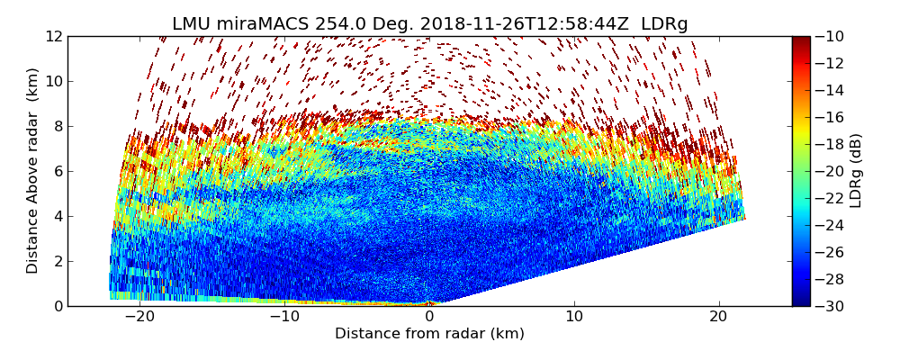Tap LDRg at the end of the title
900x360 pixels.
[664, 24]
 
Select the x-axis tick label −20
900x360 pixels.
[139, 317]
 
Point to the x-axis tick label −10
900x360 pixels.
[284, 317]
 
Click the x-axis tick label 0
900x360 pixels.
[429, 317]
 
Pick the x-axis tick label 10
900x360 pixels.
[574, 317]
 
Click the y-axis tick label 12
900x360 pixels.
[53, 36]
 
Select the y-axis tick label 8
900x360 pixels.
[57, 126]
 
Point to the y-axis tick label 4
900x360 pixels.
[57, 216]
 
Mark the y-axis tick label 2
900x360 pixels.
[57, 261]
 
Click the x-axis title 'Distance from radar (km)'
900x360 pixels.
[429, 334]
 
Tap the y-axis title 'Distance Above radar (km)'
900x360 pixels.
[32, 171]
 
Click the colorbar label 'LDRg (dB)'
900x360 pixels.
[856, 171]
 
